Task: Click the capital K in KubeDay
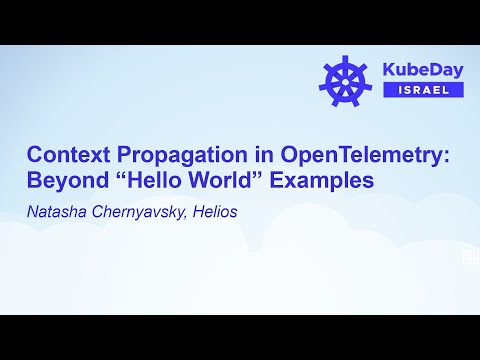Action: pos(391,70)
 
